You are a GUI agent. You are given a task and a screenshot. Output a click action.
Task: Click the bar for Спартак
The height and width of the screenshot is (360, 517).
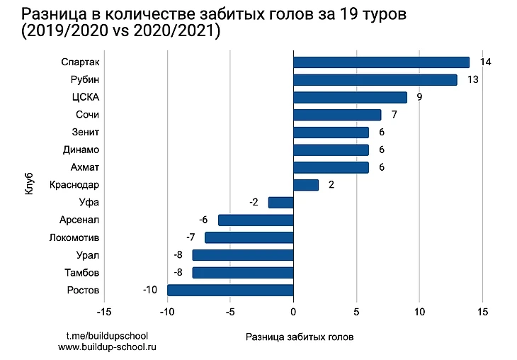pos(381,62)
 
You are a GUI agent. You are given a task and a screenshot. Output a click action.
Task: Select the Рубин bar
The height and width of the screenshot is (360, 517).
pos(375,80)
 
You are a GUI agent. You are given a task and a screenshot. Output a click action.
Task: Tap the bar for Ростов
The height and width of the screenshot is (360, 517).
pos(230,290)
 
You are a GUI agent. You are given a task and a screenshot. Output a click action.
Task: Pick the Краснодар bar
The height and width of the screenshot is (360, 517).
pos(306,185)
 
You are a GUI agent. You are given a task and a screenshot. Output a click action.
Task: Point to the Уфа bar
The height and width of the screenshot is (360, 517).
pos(280,203)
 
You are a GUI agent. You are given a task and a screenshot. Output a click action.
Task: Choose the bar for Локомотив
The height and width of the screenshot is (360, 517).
pos(249,237)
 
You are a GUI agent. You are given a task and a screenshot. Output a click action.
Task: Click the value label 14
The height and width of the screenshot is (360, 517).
pos(485,62)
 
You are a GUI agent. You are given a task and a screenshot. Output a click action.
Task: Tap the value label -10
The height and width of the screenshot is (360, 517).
pos(149,290)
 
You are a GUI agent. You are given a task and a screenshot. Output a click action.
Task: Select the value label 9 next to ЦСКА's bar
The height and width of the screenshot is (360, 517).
pos(419,97)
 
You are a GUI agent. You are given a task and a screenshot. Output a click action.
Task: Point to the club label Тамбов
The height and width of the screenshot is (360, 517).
pos(82,273)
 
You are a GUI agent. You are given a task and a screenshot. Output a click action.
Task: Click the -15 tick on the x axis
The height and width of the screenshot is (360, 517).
pos(103,311)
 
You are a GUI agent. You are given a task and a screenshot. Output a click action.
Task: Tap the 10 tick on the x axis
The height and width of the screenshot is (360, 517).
pos(419,311)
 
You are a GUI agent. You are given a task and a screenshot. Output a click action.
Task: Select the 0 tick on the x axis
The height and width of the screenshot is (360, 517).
pos(293,311)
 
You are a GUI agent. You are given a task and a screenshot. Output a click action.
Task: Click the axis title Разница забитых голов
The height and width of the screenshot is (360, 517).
pos(299,337)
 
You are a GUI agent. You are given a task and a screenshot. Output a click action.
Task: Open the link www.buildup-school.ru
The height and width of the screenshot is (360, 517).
pos(107,347)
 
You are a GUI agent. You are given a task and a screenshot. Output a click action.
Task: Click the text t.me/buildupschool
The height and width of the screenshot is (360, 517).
pos(107,334)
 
